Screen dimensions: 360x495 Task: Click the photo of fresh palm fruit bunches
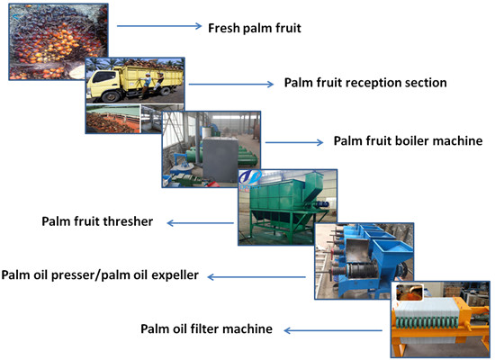coord(49,40)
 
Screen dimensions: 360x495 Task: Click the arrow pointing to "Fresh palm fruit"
coord(170,26)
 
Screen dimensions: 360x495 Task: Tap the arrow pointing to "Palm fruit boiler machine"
coord(292,142)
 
